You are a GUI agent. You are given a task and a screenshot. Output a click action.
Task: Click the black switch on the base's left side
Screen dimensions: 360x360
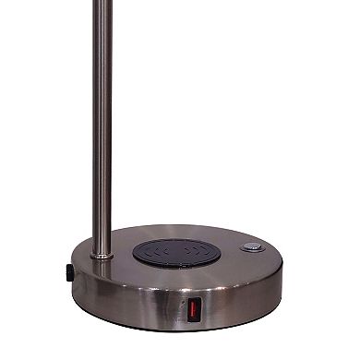click(70, 274)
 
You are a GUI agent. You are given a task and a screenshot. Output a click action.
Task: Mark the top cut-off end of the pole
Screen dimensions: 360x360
click(102, 3)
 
